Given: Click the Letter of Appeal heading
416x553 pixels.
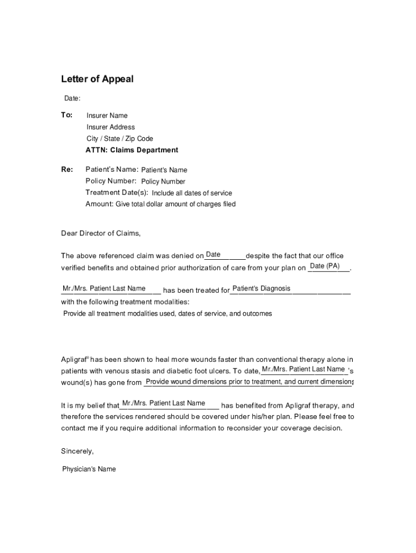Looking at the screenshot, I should pyautogui.click(x=97, y=79).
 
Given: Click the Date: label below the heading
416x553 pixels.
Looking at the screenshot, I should pyautogui.click(x=72, y=98).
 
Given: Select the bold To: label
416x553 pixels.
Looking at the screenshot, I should pyautogui.click(x=66, y=115).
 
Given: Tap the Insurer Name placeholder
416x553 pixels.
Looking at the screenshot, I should pyautogui.click(x=107, y=116).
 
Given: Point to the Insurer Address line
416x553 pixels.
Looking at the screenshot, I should pyautogui.click(x=111, y=127).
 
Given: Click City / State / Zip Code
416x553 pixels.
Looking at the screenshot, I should pyautogui.click(x=119, y=139).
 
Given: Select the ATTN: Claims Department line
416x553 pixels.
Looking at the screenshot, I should pyautogui.click(x=131, y=150).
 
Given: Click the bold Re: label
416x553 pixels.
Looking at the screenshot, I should pyautogui.click(x=67, y=170).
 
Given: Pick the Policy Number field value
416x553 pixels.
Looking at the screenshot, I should pyautogui.click(x=163, y=181).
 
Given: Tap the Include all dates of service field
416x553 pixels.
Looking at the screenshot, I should pyautogui.click(x=192, y=193).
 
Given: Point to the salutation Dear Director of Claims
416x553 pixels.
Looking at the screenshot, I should pyautogui.click(x=100, y=233).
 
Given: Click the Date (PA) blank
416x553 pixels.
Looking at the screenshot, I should pyautogui.click(x=325, y=266).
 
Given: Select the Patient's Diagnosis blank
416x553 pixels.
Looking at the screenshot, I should pyautogui.click(x=261, y=288).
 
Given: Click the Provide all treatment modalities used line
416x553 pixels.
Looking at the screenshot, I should pyautogui.click(x=167, y=313).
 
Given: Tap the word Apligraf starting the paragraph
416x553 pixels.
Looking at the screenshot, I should pyautogui.click(x=73, y=359).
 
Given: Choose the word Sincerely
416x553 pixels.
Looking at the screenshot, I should pyautogui.click(x=77, y=451).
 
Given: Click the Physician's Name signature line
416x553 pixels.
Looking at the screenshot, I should pyautogui.click(x=89, y=469).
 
